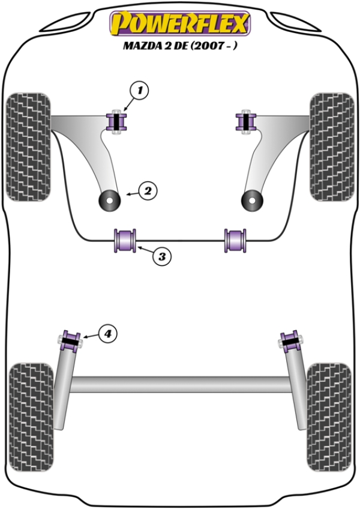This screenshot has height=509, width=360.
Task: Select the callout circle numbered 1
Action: (x=139, y=91)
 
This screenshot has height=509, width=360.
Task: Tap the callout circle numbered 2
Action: (x=148, y=191)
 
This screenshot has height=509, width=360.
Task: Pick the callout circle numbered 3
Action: (x=162, y=257)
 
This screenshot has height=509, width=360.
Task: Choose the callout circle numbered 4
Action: (x=107, y=333)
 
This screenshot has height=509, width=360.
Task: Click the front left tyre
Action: (x=28, y=146)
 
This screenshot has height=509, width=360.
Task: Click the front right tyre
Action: (x=332, y=146)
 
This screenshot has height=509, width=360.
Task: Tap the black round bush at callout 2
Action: (x=110, y=200)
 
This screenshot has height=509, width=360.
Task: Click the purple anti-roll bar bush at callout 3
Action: (x=125, y=240)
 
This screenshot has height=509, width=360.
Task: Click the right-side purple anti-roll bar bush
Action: (x=235, y=240)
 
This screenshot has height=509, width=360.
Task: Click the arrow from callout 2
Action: (x=131, y=193)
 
